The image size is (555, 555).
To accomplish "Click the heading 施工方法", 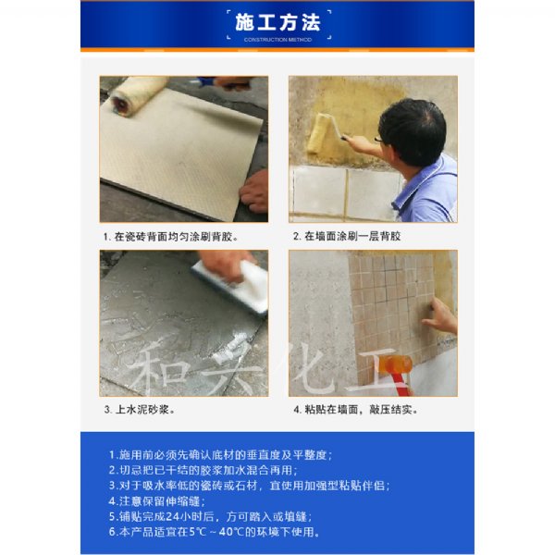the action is pyautogui.click(x=277, y=22).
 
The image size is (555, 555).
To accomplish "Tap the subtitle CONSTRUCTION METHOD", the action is pyautogui.click(x=277, y=40).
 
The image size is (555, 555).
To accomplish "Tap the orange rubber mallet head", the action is pyautogui.click(x=397, y=364).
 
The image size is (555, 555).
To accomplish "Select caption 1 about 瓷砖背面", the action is pyautogui.click(x=171, y=237).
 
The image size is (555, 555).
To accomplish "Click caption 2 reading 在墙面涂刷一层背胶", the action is pyautogui.click(x=347, y=236).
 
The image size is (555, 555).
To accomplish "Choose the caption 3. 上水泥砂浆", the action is pyautogui.click(x=140, y=410).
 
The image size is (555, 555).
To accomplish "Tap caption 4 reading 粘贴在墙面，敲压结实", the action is pyautogui.click(x=356, y=410).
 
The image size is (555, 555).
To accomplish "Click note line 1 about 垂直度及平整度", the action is pyautogui.click(x=220, y=455).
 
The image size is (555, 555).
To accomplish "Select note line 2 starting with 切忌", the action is pyautogui.click(x=203, y=470).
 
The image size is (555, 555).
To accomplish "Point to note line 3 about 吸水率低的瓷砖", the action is pyautogui.click(x=249, y=486).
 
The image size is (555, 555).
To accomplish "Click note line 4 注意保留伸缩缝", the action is pyautogui.click(x=157, y=500).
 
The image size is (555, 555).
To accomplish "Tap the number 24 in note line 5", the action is pyautogui.click(x=173, y=516).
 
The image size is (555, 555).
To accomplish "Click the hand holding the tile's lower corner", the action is pyautogui.click(x=254, y=191).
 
